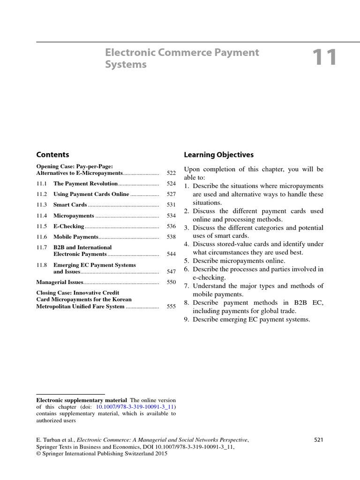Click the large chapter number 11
[325, 58]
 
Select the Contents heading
[52, 155]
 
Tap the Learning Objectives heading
[218, 155]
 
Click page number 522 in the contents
[171, 173]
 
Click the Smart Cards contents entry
[70, 205]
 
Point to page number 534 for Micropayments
[171, 216]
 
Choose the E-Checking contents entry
[68, 226]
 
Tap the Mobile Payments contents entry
[75, 237]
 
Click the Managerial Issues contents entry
[60, 282]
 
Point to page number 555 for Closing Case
[171, 307]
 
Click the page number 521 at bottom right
[318, 440]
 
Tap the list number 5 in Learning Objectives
[186, 261]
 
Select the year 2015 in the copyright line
[160, 454]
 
